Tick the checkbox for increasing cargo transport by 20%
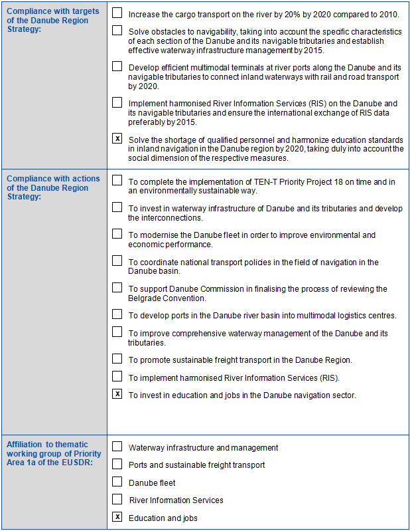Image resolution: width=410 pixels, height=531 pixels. click(117, 13)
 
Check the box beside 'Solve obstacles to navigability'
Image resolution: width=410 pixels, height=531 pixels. click(117, 30)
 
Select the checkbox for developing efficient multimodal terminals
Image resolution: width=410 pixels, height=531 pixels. click(117, 66)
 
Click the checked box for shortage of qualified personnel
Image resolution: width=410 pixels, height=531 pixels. click(117, 139)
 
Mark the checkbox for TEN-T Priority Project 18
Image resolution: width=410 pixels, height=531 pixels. click(117, 180)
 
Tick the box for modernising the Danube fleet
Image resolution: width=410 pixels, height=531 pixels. click(117, 234)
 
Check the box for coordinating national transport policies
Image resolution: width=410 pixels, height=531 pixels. click(117, 261)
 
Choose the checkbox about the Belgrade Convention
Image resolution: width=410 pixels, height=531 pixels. click(117, 288)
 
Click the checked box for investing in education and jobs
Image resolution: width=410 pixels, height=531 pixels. click(117, 394)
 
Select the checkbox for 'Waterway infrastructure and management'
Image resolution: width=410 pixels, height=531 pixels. click(117, 447)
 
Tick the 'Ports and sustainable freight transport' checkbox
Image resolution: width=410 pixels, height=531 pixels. click(117, 464)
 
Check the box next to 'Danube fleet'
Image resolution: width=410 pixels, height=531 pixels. click(117, 482)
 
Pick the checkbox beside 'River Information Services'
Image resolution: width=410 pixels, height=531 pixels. click(117, 499)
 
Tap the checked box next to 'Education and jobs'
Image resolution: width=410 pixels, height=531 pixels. click(117, 517)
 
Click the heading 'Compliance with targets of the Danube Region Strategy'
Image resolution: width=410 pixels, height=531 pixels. click(52, 20)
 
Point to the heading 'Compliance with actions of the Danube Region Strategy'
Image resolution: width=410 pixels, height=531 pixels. click(52, 188)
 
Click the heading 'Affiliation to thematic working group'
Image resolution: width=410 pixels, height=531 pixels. click(52, 453)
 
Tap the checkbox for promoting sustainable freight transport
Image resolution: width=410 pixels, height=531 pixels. click(117, 359)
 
